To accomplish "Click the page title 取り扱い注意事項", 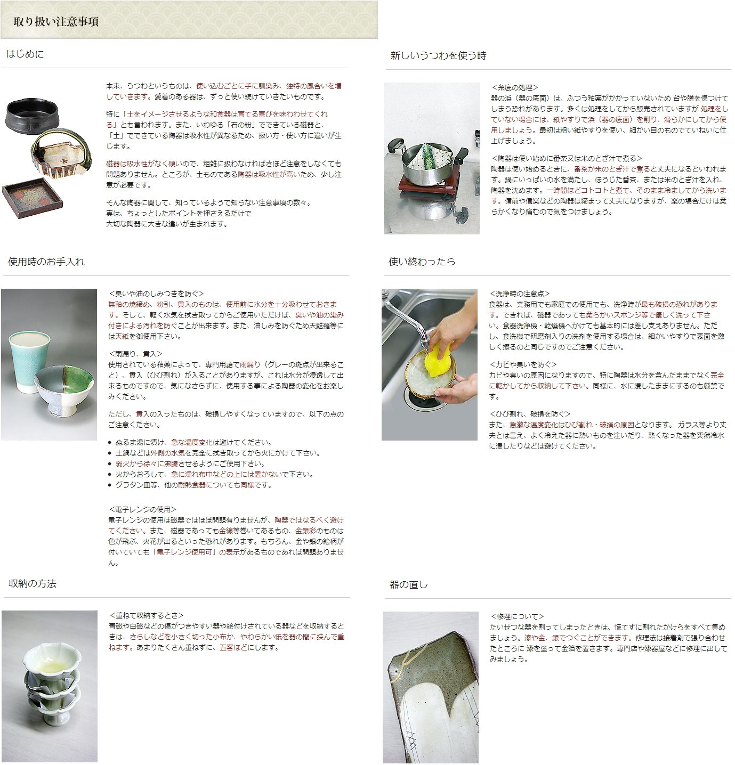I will pos(56,22).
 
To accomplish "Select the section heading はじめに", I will pos(25,54).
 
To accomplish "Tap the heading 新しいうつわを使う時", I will pos(438,55).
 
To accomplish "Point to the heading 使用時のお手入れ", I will pos(46,262).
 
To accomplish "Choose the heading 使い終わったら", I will pos(422,262).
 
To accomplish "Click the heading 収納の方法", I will pos(33,584).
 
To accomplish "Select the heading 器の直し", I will pos(409,585).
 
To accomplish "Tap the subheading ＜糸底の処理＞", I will pos(515,87).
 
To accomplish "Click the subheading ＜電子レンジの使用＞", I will pos(142,509).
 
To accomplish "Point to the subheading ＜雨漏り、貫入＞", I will pos(135,354).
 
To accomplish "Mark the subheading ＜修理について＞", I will pos(517,616).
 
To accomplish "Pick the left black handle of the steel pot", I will pos(397,144).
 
